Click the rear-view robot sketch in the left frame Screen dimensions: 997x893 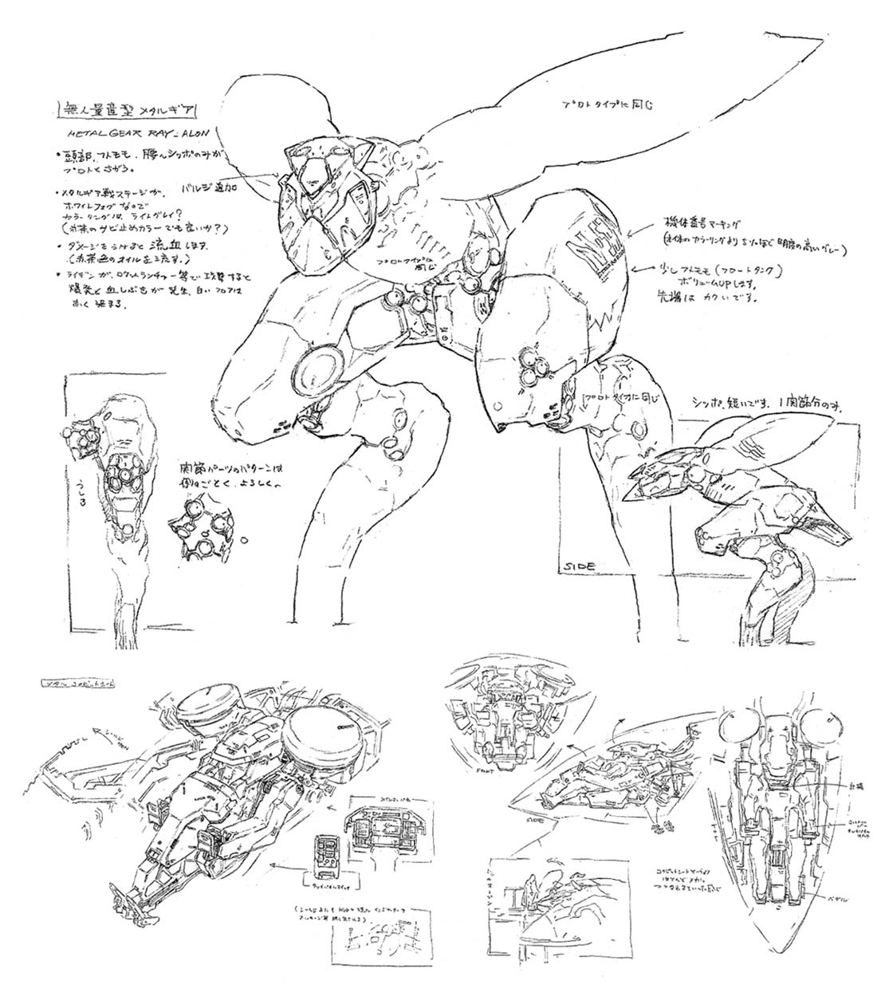coord(116,463)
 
